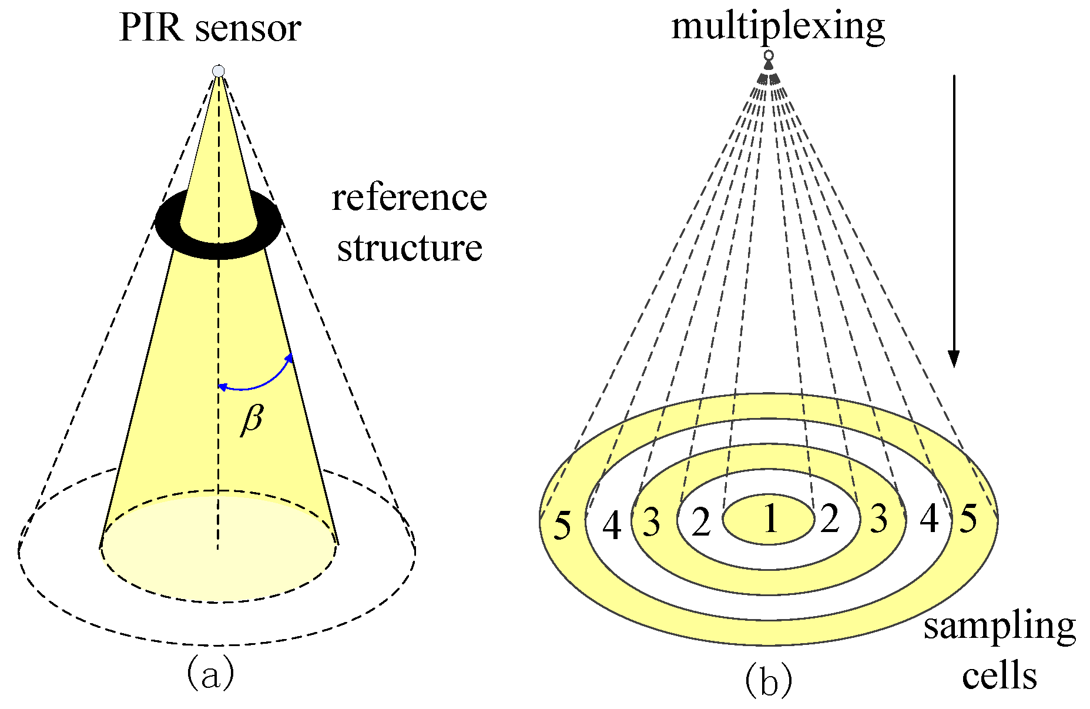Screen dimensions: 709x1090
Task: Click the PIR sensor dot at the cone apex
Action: click(x=219, y=71)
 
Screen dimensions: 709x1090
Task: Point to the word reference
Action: click(x=409, y=198)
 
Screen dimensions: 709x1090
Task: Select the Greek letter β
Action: click(x=251, y=419)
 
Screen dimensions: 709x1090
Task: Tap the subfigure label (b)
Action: click(x=769, y=681)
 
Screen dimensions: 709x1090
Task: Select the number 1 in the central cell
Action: click(x=769, y=519)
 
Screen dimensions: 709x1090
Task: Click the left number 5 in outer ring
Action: click(x=562, y=526)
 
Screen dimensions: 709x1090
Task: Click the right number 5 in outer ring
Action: click(x=968, y=519)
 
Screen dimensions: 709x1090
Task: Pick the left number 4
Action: click(x=612, y=526)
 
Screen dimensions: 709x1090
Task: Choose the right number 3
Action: click(x=878, y=519)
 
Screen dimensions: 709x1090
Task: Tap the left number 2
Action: click(x=700, y=523)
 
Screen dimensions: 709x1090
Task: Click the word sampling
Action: click(x=999, y=627)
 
